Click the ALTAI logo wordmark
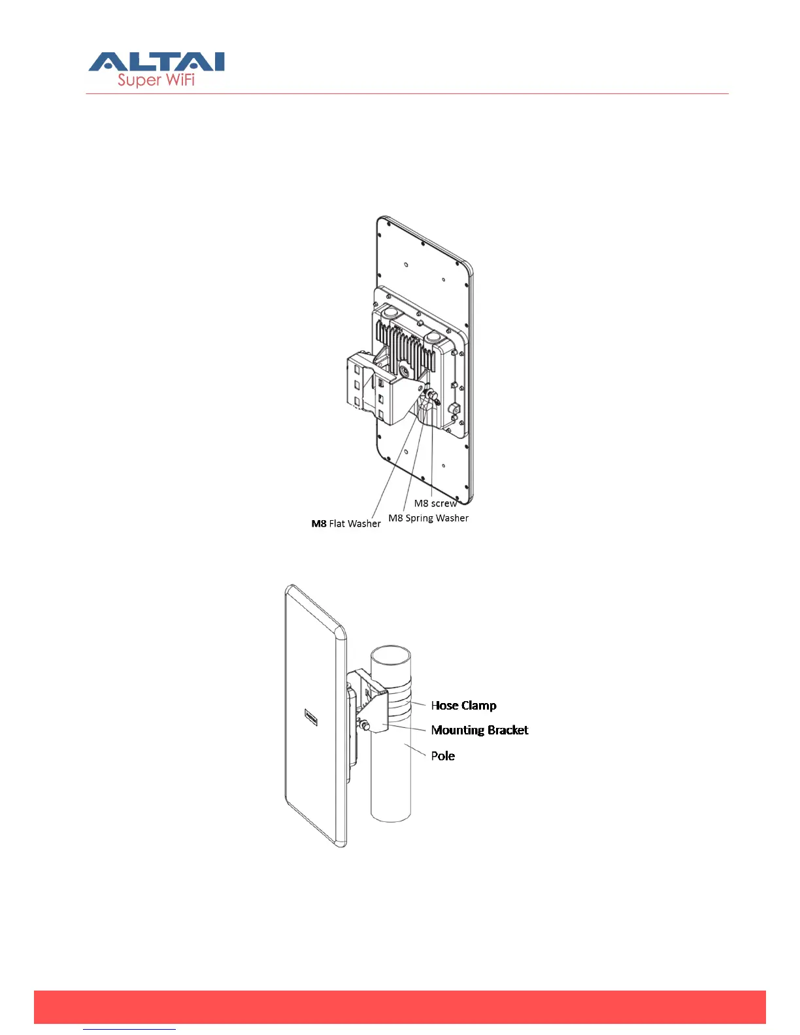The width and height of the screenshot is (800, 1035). point(157,62)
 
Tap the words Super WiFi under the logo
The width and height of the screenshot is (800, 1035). point(156,80)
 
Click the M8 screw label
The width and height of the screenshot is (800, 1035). point(435,503)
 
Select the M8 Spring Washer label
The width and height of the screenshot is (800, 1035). point(428,518)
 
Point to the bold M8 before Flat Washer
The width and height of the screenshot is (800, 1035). point(319,523)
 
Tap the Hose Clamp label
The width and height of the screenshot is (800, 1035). point(463,705)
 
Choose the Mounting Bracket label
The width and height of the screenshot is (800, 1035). point(479,730)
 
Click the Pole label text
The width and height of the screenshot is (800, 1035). point(442,755)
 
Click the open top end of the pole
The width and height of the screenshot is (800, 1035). point(391,655)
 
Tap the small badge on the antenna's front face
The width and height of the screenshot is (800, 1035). point(311,717)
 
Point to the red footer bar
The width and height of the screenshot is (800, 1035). point(399,1006)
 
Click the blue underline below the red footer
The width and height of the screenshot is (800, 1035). point(129,1030)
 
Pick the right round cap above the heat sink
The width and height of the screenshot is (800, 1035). point(433,338)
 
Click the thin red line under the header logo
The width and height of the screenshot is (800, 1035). point(407,93)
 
